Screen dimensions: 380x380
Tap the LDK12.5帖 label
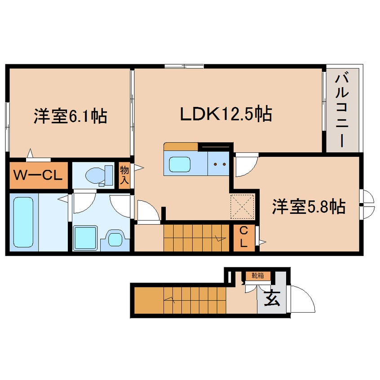(x=225, y=115)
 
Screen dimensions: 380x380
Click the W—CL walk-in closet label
(x=38, y=175)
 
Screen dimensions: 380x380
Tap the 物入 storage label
(x=124, y=176)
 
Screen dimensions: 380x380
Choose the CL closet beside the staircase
(x=243, y=237)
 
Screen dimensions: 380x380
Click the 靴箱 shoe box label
(x=257, y=276)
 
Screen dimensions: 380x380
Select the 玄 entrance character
(x=270, y=298)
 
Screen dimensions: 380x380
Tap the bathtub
(x=23, y=222)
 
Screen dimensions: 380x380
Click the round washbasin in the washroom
(x=115, y=239)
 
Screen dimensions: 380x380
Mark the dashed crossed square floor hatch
(x=243, y=207)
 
